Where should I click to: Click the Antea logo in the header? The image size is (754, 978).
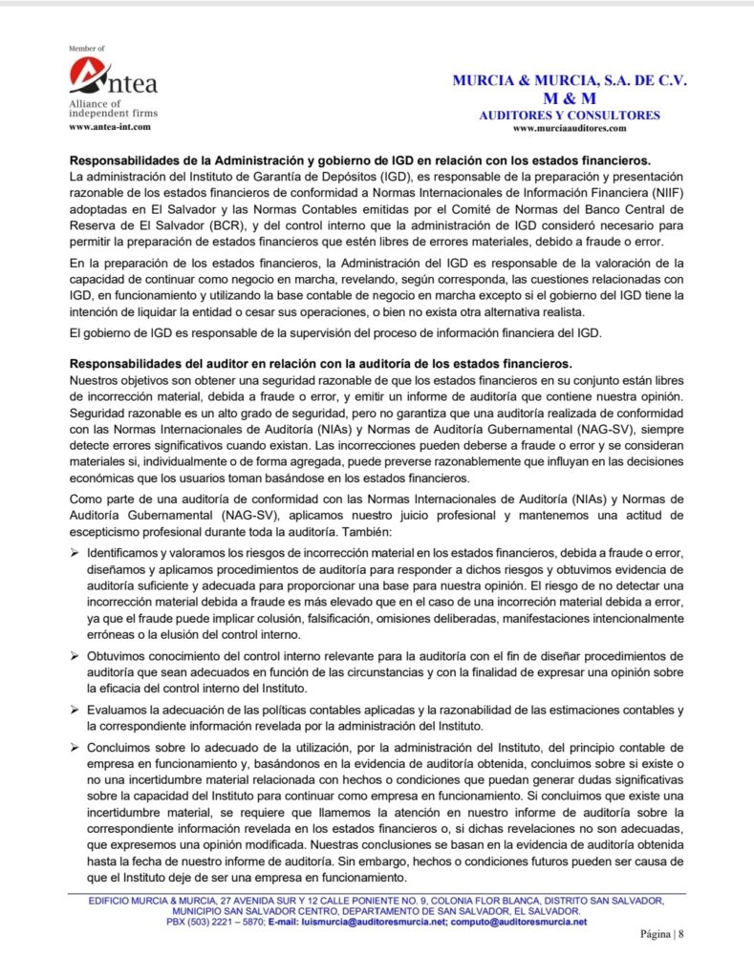pyautogui.click(x=113, y=77)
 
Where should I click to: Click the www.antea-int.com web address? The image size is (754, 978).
pyautogui.click(x=109, y=126)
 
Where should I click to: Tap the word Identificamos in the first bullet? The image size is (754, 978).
pyautogui.click(x=130, y=553)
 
